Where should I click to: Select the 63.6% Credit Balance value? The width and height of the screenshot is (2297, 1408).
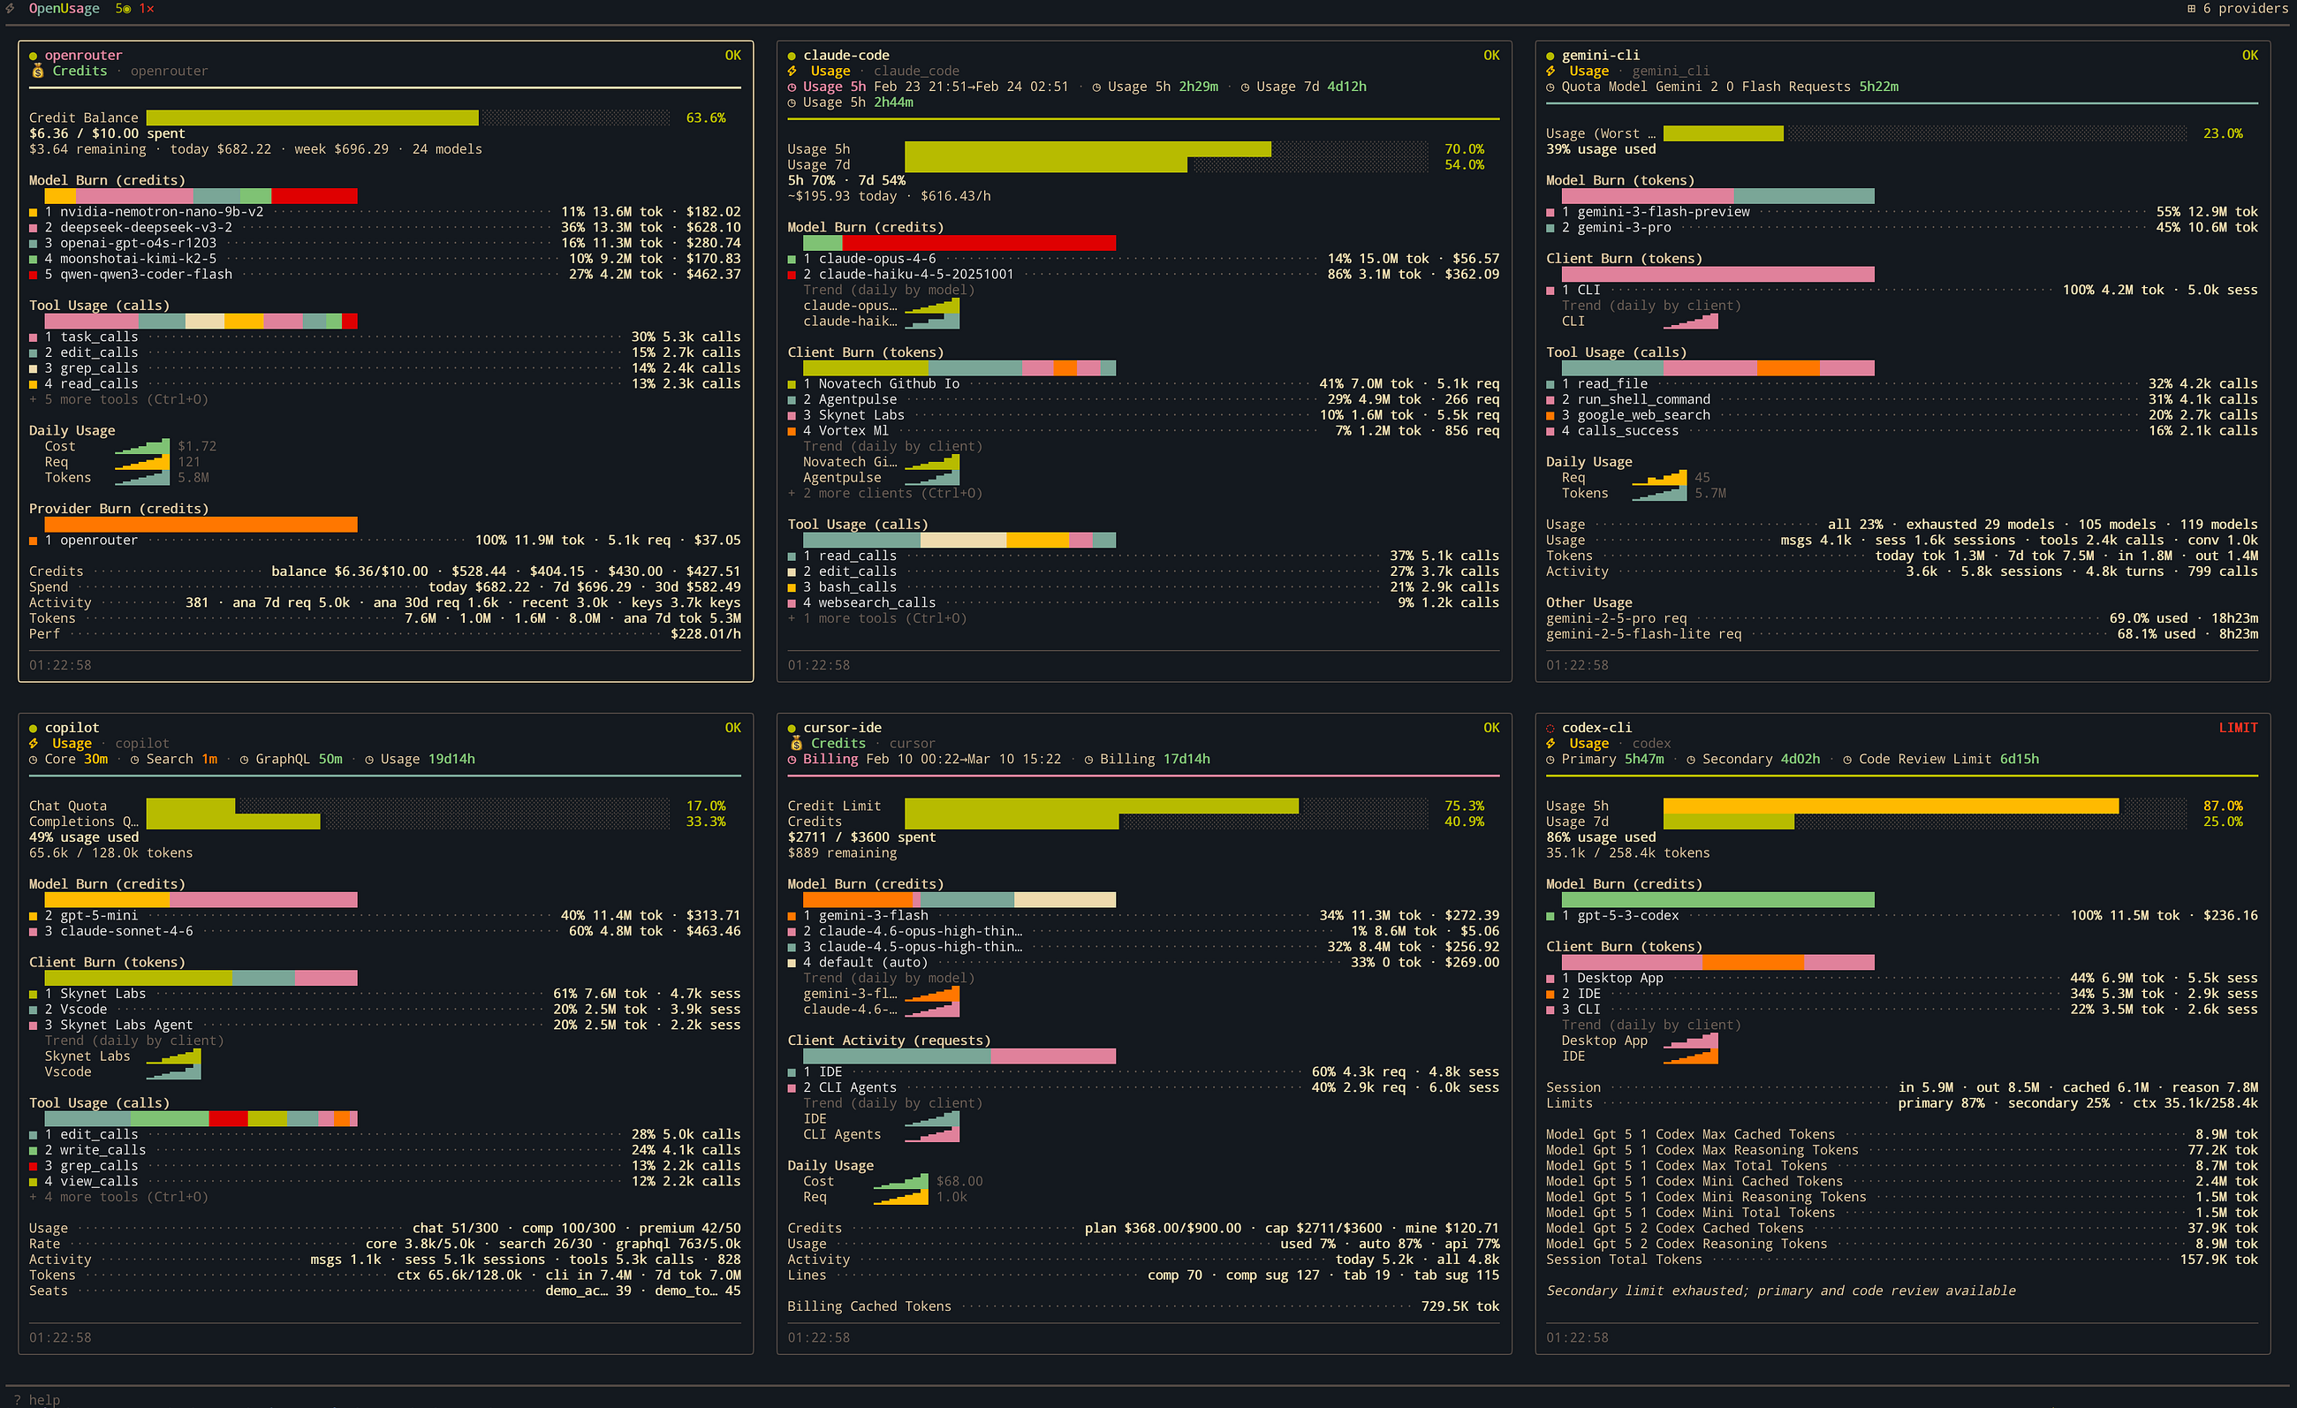click(706, 117)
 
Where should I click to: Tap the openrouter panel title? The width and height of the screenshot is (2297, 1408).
click(83, 55)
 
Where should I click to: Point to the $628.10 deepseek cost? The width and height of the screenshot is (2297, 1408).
click(713, 227)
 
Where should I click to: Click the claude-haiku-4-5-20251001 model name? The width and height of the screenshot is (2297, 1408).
click(915, 274)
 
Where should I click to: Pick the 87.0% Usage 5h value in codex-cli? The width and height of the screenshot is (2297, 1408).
click(2223, 806)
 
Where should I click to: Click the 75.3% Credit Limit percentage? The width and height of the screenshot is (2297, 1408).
click(1464, 806)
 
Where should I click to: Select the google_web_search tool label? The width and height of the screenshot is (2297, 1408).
click(1643, 414)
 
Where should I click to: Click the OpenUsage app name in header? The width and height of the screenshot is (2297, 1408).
click(64, 8)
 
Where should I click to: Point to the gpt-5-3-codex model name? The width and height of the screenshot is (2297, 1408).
click(1627, 915)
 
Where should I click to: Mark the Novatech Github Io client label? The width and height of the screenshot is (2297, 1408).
click(889, 384)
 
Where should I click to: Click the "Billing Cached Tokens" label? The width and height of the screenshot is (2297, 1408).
click(868, 1306)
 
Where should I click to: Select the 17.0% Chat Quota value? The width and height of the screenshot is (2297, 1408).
click(706, 806)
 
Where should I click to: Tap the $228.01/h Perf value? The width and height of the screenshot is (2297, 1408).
click(706, 633)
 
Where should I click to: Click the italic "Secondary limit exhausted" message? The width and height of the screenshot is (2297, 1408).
click(1780, 1291)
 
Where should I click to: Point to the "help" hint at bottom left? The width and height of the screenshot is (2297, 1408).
click(44, 1400)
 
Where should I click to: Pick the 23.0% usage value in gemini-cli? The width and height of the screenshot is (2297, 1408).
click(2223, 133)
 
